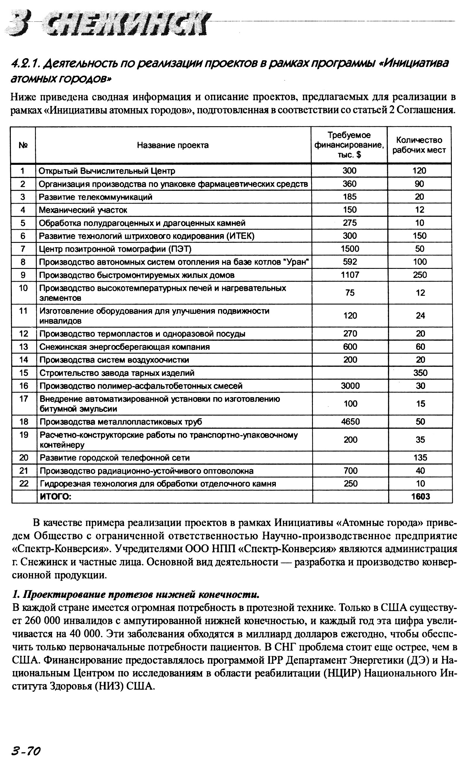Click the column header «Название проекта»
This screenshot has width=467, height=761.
(x=173, y=145)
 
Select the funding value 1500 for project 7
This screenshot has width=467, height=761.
(x=350, y=249)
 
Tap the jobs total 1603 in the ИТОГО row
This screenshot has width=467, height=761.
(x=420, y=497)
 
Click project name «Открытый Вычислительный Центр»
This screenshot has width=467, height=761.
(x=107, y=171)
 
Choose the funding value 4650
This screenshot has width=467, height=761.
(x=350, y=422)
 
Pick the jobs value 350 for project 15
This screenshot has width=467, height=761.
(x=420, y=373)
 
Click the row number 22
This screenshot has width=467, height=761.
(x=24, y=484)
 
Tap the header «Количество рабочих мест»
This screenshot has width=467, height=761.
(x=419, y=145)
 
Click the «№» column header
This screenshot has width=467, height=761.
(x=23, y=145)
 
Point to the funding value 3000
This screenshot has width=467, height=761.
(x=350, y=386)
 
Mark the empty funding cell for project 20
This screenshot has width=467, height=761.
(x=350, y=458)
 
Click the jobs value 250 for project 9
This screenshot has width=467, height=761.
(x=420, y=275)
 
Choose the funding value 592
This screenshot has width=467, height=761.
(x=350, y=262)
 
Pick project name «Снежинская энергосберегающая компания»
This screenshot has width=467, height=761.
(x=124, y=347)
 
